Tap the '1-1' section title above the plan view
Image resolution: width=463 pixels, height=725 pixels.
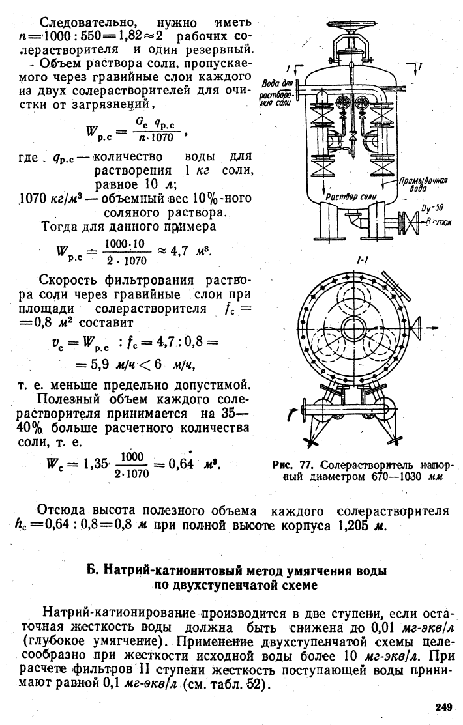point(363,261)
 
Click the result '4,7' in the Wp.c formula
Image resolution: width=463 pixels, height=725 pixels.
point(179,251)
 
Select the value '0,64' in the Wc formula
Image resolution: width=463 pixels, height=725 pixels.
point(181,464)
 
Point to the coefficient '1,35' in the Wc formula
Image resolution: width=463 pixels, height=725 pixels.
point(95,464)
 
